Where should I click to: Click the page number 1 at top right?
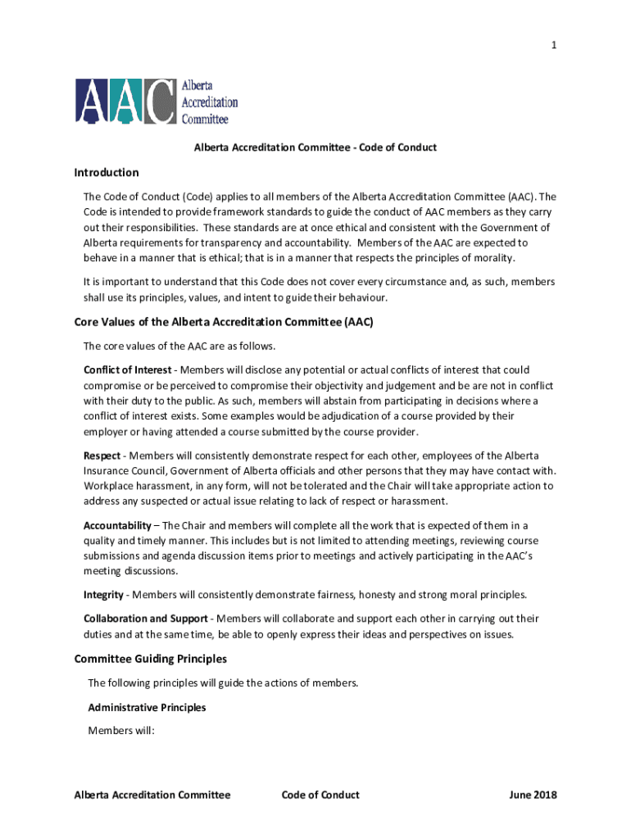pyautogui.click(x=554, y=46)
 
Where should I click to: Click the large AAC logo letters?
pyautogui.click(x=125, y=102)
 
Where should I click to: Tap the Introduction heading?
pyautogui.click(x=107, y=173)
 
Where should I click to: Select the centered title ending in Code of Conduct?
pyautogui.click(x=315, y=147)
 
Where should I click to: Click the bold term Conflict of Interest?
pyautogui.click(x=122, y=370)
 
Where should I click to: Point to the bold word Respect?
pyautogui.click(x=102, y=455)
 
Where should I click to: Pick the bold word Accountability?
pyautogui.click(x=117, y=525)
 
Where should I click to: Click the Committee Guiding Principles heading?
pyautogui.click(x=150, y=659)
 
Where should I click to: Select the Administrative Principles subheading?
pyautogui.click(x=147, y=707)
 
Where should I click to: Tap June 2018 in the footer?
pyautogui.click(x=533, y=795)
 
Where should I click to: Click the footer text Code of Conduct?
pyautogui.click(x=320, y=795)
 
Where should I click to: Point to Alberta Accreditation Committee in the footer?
pyautogui.click(x=152, y=795)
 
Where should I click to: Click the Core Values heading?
pyautogui.click(x=224, y=322)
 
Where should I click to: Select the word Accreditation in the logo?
pyautogui.click(x=210, y=103)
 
